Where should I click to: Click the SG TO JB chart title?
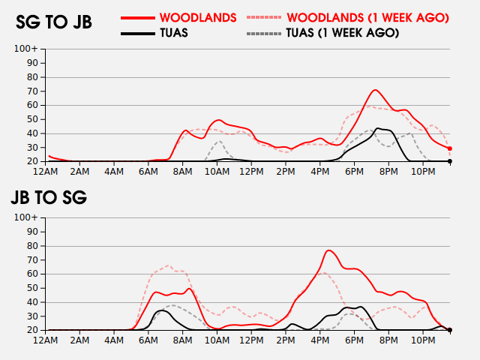click(54, 22)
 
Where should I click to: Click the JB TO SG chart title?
click(49, 198)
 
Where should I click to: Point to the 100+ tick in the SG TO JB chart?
click(27, 49)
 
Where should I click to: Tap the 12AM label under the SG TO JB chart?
click(46, 172)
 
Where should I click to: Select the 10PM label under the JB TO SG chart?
click(423, 340)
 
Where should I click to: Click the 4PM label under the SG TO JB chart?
click(319, 172)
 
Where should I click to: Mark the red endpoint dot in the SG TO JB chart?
click(450, 148)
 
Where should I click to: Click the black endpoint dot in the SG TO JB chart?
click(450, 161)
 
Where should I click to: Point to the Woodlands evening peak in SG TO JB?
click(376, 90)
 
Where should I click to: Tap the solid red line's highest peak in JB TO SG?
click(330, 250)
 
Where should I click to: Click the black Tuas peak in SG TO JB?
click(378, 128)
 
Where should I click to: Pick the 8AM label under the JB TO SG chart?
click(182, 340)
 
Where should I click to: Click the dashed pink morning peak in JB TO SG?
click(168, 265)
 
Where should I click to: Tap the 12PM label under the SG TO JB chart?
click(251, 172)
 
